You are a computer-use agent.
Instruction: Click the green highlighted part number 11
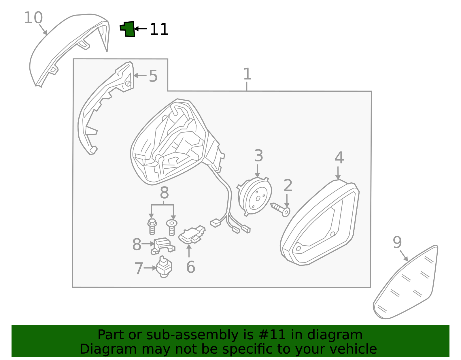[128, 29]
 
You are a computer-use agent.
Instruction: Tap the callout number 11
[159, 30]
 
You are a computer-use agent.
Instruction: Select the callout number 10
[33, 18]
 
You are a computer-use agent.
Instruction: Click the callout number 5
[153, 76]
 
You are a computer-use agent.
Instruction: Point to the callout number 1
[247, 74]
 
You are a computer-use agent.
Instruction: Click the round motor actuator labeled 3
[255, 196]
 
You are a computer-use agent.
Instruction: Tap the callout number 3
[258, 156]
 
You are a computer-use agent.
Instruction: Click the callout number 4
[339, 158]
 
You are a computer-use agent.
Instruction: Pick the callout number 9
[397, 242]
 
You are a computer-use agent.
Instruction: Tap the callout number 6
[190, 267]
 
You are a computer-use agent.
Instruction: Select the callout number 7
[139, 268]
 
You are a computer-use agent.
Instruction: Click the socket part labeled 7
[164, 267]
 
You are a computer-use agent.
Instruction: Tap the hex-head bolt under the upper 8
[152, 226]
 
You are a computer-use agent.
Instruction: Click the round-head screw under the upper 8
[172, 227]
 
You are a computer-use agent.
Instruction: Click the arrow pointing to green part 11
[140, 29]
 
